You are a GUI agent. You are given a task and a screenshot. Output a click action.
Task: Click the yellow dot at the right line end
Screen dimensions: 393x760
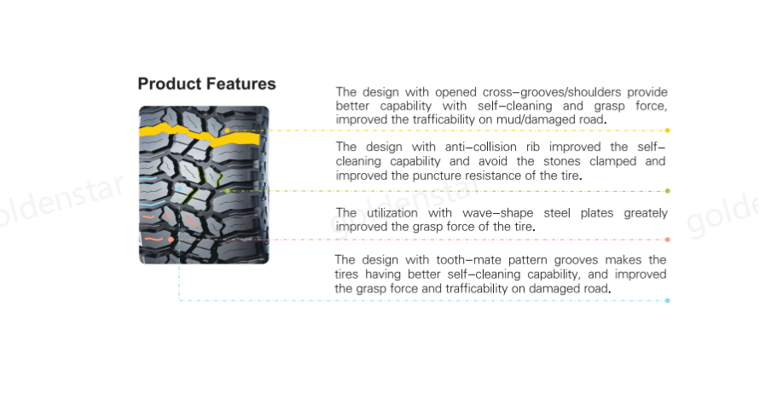point(667,130)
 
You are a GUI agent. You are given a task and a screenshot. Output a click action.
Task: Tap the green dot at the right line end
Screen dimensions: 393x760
point(667,191)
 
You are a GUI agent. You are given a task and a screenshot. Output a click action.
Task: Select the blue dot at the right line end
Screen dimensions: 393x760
point(667,300)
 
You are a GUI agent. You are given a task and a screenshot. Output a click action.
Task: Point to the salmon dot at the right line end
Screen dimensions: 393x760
point(667,240)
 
